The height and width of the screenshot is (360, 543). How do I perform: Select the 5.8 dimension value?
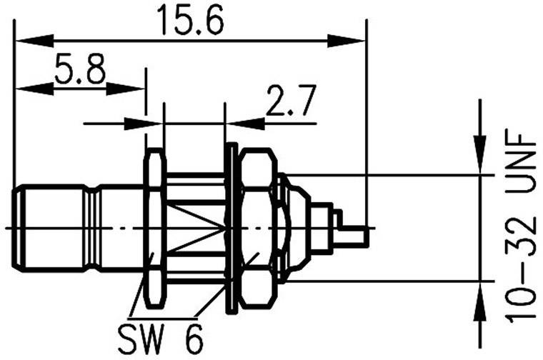79,71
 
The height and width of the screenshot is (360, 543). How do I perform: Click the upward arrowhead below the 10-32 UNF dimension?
481,293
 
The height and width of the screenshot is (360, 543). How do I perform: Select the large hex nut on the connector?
256,229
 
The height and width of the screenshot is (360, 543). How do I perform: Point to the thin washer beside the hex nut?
231,229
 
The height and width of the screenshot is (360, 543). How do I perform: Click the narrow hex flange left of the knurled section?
154,229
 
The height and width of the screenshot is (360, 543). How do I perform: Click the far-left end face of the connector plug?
15,228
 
